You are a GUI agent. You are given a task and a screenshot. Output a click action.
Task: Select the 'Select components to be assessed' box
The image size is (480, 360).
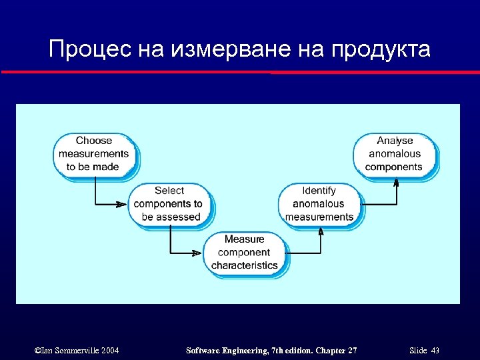[169, 204]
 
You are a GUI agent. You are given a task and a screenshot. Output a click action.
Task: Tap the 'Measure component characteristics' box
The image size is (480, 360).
[245, 252]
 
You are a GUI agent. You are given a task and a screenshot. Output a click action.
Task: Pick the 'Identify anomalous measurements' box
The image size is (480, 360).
[319, 204]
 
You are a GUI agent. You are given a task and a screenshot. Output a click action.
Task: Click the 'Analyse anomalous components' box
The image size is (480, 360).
[395, 153]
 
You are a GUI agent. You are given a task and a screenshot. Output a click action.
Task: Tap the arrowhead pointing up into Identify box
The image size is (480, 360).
[321, 231]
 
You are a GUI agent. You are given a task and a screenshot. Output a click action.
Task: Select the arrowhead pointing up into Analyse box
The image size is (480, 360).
[396, 181]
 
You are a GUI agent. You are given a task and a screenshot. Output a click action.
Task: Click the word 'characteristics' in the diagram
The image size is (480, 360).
[245, 265]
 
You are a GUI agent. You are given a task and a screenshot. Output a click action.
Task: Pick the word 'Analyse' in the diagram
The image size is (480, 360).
[395, 141]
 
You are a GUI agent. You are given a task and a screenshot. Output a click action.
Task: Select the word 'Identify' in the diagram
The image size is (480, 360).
[319, 191]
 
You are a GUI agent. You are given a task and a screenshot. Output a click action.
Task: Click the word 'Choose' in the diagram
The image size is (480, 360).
[94, 141]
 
